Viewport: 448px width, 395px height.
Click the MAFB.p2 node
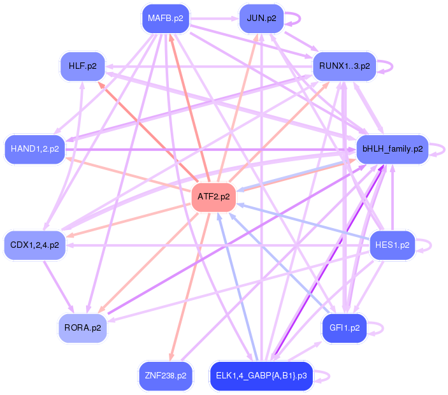[166, 18]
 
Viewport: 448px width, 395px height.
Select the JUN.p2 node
[261, 18]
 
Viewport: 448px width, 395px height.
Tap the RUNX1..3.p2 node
[344, 66]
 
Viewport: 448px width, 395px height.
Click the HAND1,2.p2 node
[35, 149]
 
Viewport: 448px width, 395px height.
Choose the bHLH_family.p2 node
[392, 149]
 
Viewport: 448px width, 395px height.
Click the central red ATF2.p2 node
[213, 197]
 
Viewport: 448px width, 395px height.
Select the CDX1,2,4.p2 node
[35, 245]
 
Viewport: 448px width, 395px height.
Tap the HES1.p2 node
[392, 245]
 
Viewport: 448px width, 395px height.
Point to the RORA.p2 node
[83, 328]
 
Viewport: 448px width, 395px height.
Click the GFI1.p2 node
[344, 328]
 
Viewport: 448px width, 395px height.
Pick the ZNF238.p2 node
[165, 376]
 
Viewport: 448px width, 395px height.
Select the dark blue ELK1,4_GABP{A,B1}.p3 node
[261, 376]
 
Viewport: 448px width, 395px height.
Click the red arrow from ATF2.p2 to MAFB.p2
[189, 108]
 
